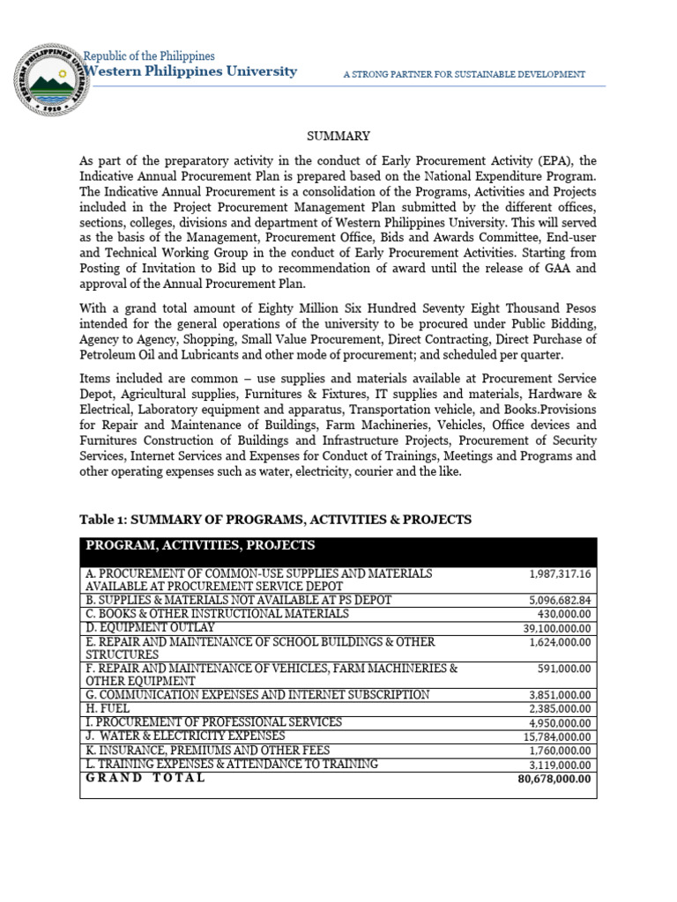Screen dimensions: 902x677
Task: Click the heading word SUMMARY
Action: click(x=338, y=136)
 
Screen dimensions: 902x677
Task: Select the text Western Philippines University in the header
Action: click(x=190, y=71)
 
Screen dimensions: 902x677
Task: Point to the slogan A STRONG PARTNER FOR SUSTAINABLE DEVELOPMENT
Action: click(x=464, y=75)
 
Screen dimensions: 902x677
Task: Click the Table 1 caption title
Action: click(x=275, y=520)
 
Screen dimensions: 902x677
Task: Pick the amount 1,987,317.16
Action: click(x=560, y=574)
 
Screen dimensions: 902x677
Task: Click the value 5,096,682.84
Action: click(x=560, y=601)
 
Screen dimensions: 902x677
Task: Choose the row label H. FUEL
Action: click(x=108, y=708)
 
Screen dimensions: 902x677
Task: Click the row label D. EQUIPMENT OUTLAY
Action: click(x=150, y=627)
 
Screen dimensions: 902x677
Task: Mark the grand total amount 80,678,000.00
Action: click(x=554, y=780)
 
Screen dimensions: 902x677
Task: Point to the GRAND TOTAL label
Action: click(x=145, y=778)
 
